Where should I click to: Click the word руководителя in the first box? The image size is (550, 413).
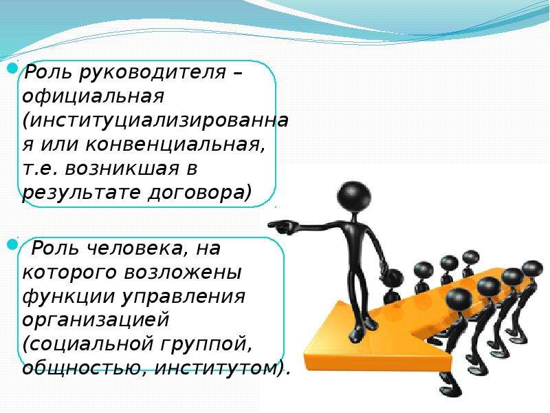coord(152,73)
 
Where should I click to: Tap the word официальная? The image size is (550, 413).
coord(93,96)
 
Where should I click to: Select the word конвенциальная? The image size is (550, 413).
coord(175,145)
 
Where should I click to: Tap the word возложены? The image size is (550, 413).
coord(183,273)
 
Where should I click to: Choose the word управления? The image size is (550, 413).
coord(184,297)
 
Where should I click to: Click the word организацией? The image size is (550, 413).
coord(96,320)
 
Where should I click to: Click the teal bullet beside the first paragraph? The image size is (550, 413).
coord(12,67)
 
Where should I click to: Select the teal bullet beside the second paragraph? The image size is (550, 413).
coord(12,244)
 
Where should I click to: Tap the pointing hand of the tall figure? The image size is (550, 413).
coord(280,227)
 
